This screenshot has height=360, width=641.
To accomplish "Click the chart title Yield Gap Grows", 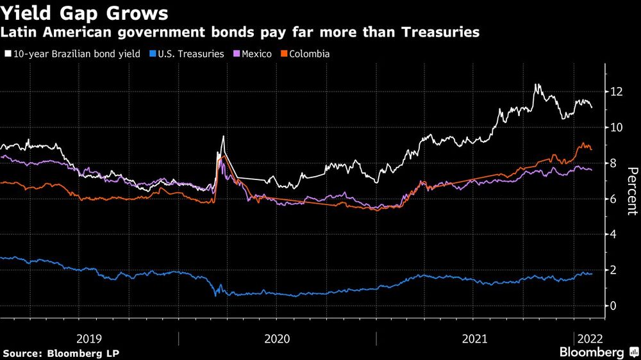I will (x=86, y=13).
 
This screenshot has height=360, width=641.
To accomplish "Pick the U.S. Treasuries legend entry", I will (x=187, y=54).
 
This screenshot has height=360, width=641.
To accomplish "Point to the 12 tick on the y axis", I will (x=616, y=92).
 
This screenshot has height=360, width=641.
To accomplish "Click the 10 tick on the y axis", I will (x=616, y=127).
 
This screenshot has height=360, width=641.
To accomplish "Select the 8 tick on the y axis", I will (x=613, y=163).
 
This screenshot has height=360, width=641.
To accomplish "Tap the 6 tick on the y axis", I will (x=613, y=199).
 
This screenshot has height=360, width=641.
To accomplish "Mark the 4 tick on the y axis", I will (x=613, y=234).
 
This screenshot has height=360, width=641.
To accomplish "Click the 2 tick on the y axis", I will (x=613, y=270).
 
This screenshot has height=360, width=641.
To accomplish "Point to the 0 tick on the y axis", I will (x=613, y=306).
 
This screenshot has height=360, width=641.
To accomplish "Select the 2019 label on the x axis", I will (x=89, y=338).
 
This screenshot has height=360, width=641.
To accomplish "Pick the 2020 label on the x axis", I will (x=278, y=338).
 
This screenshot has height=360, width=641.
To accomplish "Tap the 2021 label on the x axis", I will (x=475, y=338).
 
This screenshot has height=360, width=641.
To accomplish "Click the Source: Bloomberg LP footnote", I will (x=61, y=353).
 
